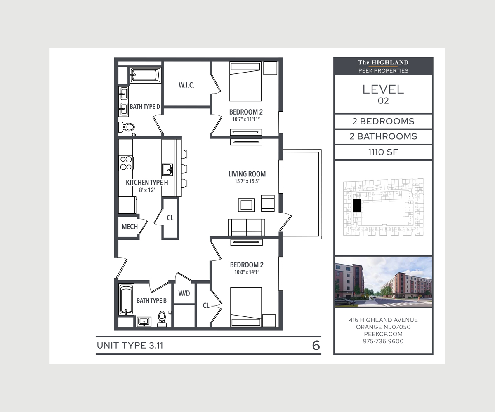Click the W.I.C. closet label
pos(186,85)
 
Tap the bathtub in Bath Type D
pos(144,75)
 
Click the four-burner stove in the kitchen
pos(126,163)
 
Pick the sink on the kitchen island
pos(167,169)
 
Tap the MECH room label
pos(130,227)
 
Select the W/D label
pos(184,293)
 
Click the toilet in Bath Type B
pos(162,318)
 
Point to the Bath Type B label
pos(151,301)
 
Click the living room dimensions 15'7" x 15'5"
pos(247,181)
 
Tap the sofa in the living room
pos(247,227)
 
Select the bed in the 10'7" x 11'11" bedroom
pos(245,82)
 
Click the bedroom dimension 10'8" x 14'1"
pos(247,272)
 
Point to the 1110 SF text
pos(383,152)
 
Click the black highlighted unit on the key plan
pos(357,206)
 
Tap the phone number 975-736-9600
pos(383,341)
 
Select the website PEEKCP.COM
pos(383,334)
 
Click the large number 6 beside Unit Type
pos(316,346)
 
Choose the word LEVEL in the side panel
pos(383,89)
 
